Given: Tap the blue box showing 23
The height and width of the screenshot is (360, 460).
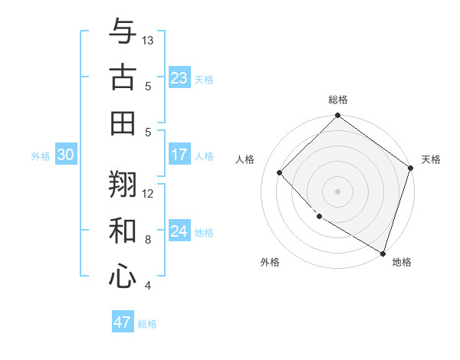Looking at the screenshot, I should [x=179, y=77].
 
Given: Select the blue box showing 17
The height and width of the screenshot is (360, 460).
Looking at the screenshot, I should [x=179, y=155].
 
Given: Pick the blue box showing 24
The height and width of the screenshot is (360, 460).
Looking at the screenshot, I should [x=179, y=232].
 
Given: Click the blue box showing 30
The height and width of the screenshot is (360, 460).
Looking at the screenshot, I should [x=65, y=155].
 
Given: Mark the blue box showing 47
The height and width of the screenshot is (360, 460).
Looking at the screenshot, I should [x=123, y=322].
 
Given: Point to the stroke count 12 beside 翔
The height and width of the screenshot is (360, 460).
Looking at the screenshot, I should [x=148, y=194].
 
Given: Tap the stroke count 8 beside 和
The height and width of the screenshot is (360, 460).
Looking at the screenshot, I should [x=148, y=240].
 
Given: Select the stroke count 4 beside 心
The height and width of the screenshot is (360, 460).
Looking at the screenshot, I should [x=148, y=286].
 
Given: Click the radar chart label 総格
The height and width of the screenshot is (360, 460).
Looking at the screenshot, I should [x=337, y=100].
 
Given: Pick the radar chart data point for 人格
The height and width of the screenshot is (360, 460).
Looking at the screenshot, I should [x=280, y=172].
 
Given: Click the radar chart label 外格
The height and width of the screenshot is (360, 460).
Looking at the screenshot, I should [x=270, y=262].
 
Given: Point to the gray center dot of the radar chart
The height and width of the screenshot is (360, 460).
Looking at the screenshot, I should [x=337, y=191].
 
